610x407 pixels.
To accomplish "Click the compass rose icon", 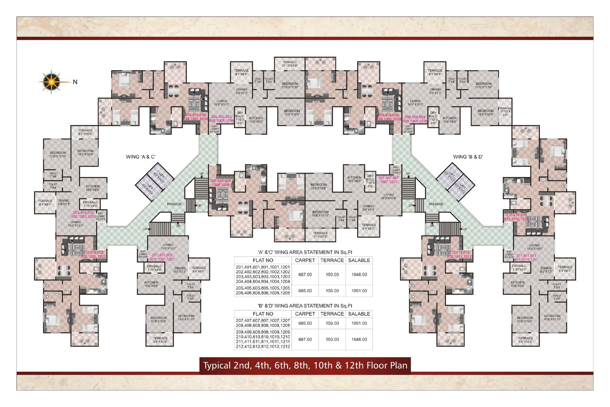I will pyautogui.click(x=51, y=81).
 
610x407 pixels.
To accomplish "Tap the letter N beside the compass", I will pyautogui.click(x=75, y=82).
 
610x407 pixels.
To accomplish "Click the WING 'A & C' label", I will pyautogui.click(x=141, y=157).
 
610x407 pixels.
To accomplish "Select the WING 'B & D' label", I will pyautogui.click(x=468, y=157).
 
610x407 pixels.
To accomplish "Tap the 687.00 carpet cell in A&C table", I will pyautogui.click(x=305, y=275).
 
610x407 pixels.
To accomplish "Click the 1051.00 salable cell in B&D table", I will pyautogui.click(x=359, y=323).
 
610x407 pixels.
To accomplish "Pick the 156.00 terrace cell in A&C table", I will pyautogui.click(x=332, y=291).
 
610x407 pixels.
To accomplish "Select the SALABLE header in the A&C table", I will pyautogui.click(x=359, y=260).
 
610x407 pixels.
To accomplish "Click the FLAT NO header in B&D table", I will pyautogui.click(x=263, y=314).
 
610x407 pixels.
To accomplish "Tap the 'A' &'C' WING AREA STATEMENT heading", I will pyautogui.click(x=305, y=252).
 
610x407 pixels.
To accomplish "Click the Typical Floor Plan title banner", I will pyautogui.click(x=305, y=365).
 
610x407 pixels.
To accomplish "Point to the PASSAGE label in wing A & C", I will pyautogui.click(x=174, y=204).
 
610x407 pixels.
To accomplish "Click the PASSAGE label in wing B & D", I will pyautogui.click(x=436, y=204).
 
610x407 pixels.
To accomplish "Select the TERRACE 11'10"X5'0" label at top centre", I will pyautogui.click(x=290, y=64).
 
